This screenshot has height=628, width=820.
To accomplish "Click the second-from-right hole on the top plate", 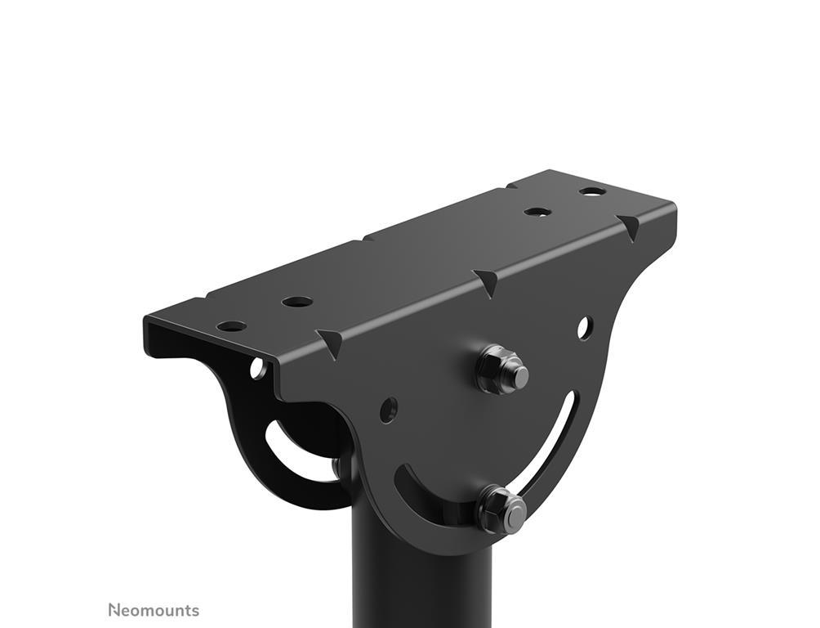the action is [538, 212].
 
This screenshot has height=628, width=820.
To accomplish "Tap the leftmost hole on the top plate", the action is [231, 326].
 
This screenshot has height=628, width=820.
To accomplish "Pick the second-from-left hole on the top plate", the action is [297, 302].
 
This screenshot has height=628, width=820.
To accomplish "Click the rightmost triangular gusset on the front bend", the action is [628, 227].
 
